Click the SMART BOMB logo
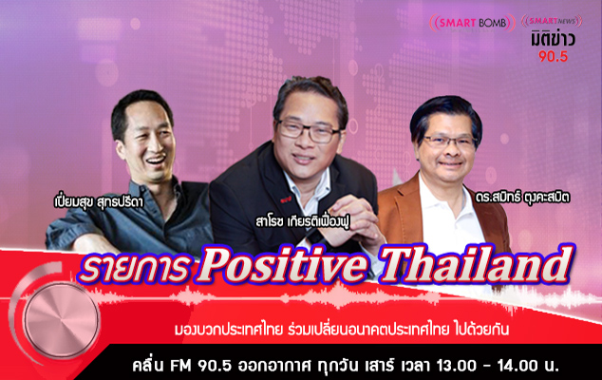click(x=472, y=23)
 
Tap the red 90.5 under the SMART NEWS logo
click(x=553, y=56)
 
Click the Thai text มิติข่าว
click(x=553, y=40)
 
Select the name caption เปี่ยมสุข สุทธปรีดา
click(x=99, y=202)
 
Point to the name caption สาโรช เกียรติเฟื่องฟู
click(x=303, y=222)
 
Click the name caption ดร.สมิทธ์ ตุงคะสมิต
click(x=522, y=198)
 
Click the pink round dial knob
click(x=62, y=319)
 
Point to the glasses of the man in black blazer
click(x=309, y=131)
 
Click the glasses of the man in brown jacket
click(x=449, y=142)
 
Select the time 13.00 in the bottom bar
click(x=454, y=365)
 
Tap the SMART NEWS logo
click(x=552, y=21)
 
